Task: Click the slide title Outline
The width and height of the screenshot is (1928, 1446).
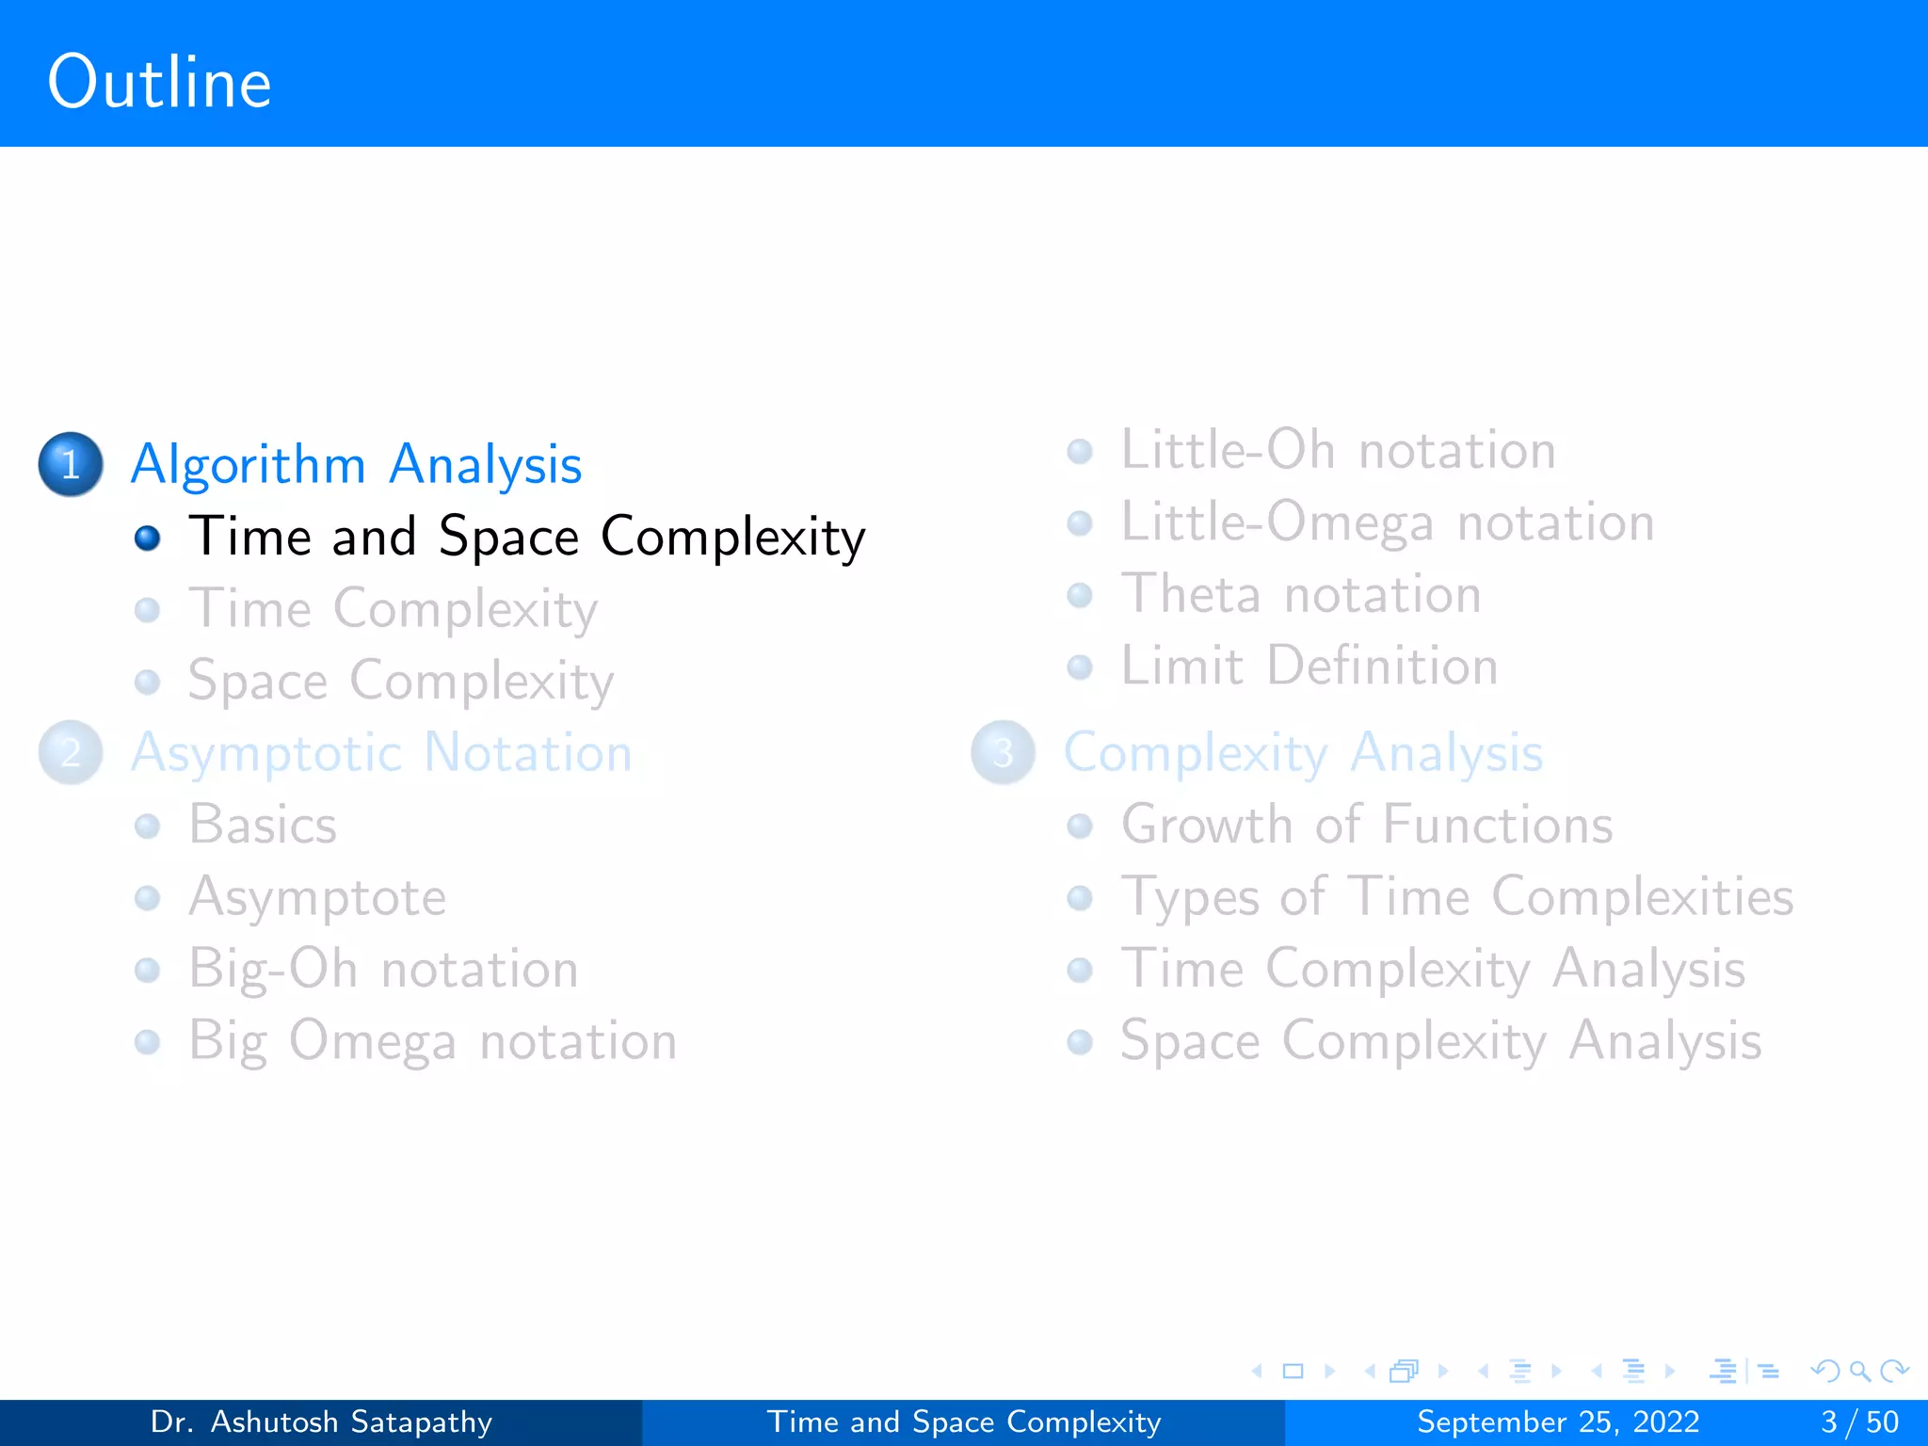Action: pos(159,83)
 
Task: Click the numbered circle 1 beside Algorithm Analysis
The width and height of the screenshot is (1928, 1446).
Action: pos(71,464)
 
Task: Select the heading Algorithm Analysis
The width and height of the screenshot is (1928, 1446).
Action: pos(356,464)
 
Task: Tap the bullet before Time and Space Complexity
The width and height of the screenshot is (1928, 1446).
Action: pos(148,538)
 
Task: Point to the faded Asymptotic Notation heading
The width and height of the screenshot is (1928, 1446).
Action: pos(381,753)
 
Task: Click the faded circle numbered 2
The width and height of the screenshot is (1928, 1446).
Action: pos(71,753)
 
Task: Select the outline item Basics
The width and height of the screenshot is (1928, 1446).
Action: pos(263,825)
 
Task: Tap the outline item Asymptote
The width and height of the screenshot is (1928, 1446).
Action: pos(317,897)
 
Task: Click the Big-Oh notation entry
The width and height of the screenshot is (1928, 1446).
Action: pos(383,969)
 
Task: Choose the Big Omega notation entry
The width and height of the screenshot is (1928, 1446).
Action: pos(432,1041)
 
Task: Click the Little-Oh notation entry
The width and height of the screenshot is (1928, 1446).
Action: pos(1337,450)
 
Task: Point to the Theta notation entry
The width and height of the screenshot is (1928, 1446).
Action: pos(1300,594)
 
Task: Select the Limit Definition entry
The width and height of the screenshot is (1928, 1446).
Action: pos(1309,667)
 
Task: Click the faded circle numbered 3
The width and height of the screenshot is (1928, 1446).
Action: pos(1004,753)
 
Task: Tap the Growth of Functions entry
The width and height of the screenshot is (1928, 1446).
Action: pos(1367,825)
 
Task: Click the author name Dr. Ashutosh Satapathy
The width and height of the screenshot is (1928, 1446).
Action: pos(321,1422)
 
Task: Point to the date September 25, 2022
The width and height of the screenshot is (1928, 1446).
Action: pos(1558,1422)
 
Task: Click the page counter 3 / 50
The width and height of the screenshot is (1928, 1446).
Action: pos(1859,1422)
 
